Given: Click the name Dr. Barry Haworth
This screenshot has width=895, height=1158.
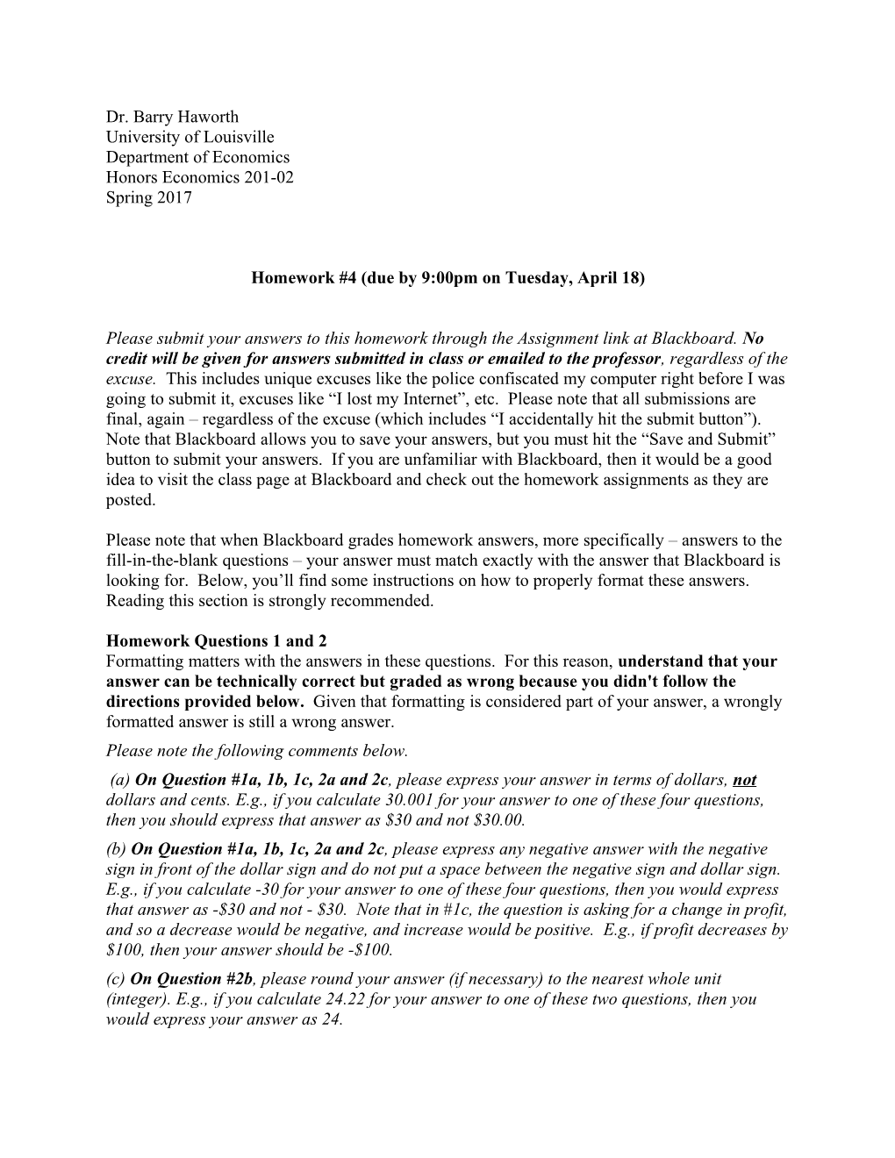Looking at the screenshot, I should pyautogui.click(x=172, y=117).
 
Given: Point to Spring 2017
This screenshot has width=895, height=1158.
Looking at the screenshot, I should pyautogui.click(x=148, y=197).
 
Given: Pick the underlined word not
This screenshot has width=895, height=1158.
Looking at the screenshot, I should pyautogui.click(x=744, y=780).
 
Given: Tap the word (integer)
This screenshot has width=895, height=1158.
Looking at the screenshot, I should pyautogui.click(x=138, y=999).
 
